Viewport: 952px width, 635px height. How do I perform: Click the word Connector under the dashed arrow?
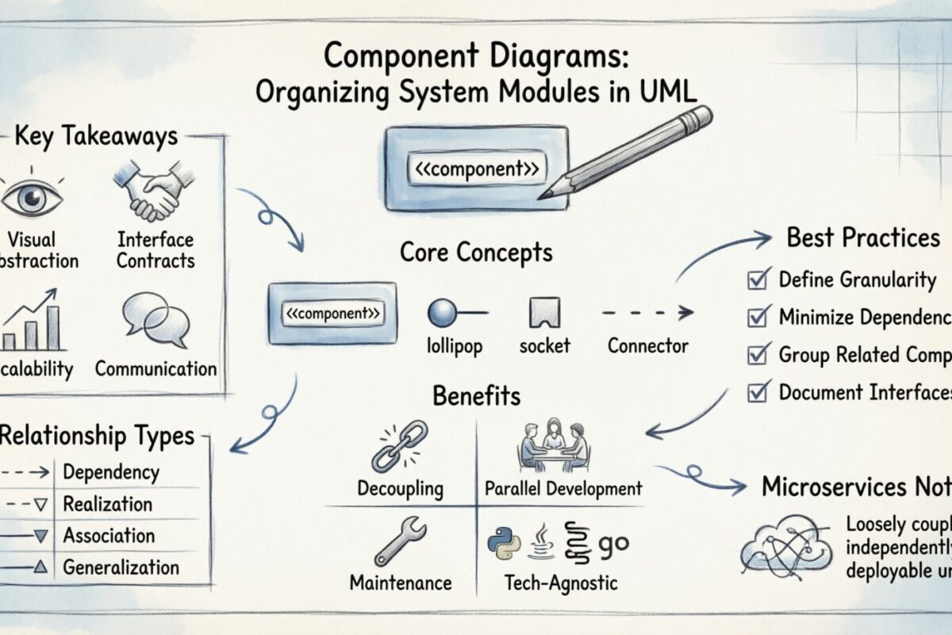click(648, 346)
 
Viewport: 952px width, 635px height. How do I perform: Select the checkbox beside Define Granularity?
click(757, 280)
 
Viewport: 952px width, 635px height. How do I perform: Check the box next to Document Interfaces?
click(757, 391)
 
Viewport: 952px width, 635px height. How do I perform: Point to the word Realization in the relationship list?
click(108, 504)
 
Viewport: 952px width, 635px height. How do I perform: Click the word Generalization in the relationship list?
click(121, 567)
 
